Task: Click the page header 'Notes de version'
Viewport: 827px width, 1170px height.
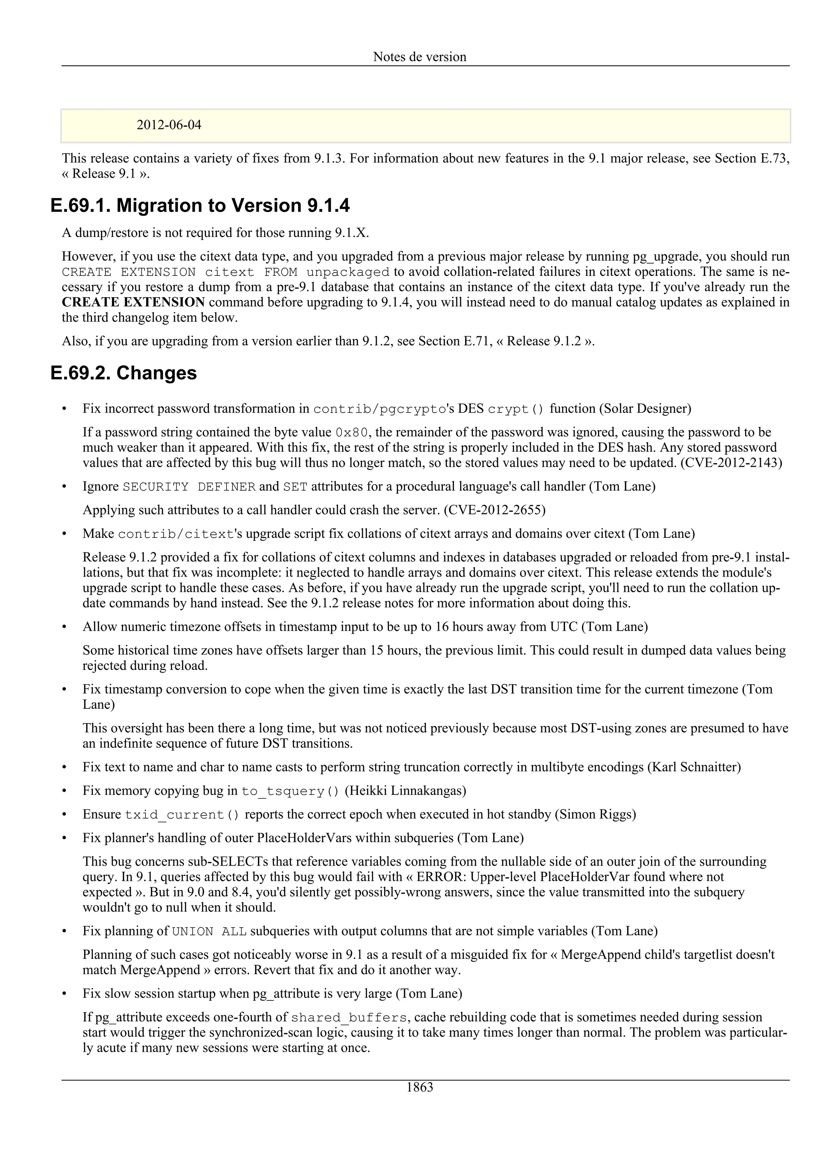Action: click(420, 57)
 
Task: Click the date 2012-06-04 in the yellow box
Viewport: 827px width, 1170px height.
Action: click(169, 125)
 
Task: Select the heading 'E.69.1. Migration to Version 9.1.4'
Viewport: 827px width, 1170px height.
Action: click(200, 205)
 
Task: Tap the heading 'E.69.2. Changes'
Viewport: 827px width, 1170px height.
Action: click(124, 373)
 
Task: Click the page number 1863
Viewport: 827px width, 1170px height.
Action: click(420, 1087)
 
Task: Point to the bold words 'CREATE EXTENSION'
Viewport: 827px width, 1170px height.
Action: click(134, 302)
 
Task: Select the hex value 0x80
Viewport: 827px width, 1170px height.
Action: click(352, 433)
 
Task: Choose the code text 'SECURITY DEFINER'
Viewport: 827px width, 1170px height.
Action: click(189, 486)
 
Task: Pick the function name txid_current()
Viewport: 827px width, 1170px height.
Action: click(182, 814)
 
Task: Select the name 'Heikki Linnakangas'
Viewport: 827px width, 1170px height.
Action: click(405, 790)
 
